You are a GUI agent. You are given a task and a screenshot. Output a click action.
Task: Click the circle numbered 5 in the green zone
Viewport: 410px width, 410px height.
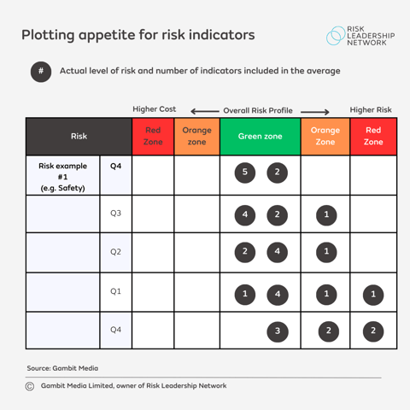pos(245,173)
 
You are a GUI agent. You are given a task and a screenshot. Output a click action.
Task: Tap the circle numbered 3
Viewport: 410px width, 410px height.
pos(277,331)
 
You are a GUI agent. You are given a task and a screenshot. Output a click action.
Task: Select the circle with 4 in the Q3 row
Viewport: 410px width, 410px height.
pos(245,214)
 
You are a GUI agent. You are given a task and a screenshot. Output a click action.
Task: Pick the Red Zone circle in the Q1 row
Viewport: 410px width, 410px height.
pos(372,296)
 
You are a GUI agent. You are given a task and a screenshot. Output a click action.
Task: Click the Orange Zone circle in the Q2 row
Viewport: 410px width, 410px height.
pos(325,252)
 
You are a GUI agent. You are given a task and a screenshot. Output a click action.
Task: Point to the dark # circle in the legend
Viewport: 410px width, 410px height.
pos(41,72)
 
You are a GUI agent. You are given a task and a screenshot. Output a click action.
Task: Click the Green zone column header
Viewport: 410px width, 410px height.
pos(260,136)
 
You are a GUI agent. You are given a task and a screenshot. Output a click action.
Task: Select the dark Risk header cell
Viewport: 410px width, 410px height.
pos(79,136)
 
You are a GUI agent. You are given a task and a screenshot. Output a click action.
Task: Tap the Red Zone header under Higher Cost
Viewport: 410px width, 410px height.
pos(153,136)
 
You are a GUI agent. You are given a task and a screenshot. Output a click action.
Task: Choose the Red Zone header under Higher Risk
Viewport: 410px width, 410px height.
pos(373,136)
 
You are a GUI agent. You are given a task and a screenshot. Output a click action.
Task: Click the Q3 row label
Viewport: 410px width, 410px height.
pos(115,213)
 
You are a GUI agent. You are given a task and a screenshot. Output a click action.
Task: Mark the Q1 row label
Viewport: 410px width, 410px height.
pos(115,291)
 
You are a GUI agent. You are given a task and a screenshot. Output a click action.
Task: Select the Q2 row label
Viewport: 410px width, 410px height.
pos(115,252)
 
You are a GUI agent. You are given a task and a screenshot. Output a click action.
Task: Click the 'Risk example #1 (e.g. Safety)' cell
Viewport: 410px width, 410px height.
pos(62,177)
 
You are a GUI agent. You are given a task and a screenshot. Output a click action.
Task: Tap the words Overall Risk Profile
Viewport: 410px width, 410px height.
pos(258,110)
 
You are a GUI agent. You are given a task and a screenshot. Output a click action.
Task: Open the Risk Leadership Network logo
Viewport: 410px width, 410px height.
pos(360,36)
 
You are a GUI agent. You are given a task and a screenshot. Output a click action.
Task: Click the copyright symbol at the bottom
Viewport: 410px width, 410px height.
pos(30,386)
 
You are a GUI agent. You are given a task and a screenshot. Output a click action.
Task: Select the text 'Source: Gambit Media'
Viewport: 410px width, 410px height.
pos(62,368)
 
